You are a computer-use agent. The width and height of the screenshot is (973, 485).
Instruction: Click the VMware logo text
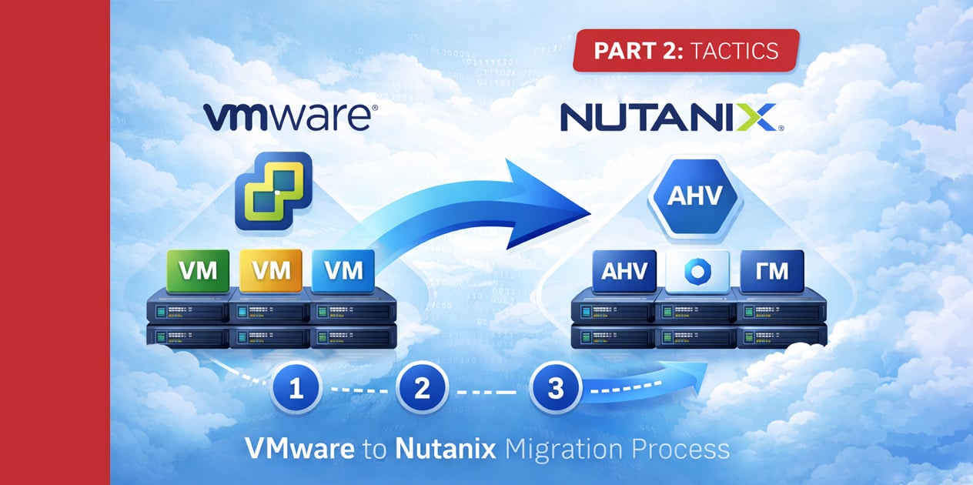point(289,118)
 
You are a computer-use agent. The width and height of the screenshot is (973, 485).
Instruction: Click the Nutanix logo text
point(667,118)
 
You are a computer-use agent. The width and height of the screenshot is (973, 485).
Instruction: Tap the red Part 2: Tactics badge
point(685,52)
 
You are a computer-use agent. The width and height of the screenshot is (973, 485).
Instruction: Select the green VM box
point(197,270)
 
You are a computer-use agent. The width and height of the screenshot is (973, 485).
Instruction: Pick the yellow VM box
point(270,270)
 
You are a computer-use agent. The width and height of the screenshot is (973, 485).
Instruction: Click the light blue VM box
point(343,270)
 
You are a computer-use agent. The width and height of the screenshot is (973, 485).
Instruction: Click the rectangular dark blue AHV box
point(624,271)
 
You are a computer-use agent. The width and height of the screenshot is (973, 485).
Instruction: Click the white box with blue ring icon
point(697,271)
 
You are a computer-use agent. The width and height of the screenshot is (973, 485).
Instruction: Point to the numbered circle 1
point(296,389)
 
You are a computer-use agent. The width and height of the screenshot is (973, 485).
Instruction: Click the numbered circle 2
point(422,389)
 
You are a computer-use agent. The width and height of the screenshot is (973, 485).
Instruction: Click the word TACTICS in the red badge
point(735,52)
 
